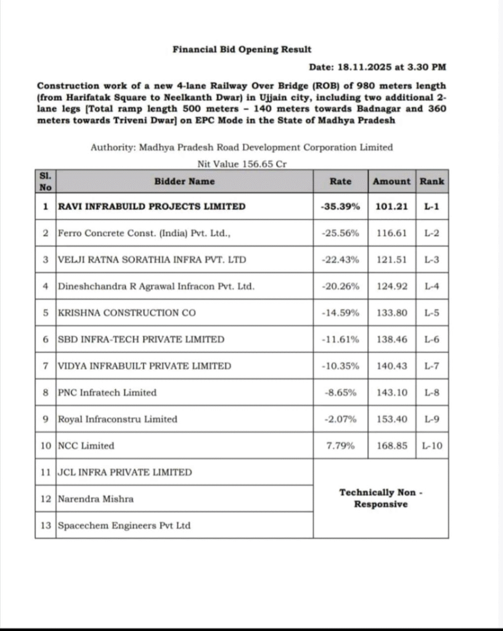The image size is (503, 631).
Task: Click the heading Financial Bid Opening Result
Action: (242, 49)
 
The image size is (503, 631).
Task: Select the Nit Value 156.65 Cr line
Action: (241, 164)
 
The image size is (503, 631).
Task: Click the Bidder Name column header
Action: (184, 181)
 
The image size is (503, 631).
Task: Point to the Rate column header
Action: (340, 181)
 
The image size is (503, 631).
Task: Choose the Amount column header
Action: (391, 181)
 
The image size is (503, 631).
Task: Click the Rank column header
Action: (431, 181)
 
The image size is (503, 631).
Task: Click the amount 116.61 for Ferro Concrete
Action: (391, 233)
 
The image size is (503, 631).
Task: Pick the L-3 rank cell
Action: (431, 259)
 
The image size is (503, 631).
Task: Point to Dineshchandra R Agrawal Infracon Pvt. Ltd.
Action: (155, 286)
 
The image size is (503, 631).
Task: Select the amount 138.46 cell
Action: (391, 340)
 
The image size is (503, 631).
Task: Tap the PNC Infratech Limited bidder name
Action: (107, 393)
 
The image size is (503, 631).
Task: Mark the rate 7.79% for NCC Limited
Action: (340, 446)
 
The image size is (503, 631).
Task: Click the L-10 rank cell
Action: (431, 446)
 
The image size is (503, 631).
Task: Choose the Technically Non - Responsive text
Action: (381, 498)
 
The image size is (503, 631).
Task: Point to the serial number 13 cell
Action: (46, 526)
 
